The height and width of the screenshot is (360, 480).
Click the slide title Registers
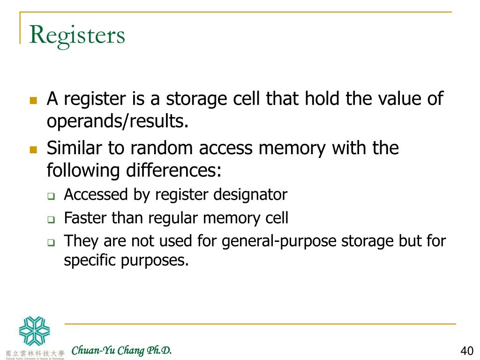pos(77,35)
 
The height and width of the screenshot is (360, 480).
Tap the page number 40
pos(467,351)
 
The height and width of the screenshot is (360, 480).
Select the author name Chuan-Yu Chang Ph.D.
pos(121,350)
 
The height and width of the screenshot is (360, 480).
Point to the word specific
pos(90,260)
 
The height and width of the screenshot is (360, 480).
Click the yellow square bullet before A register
pos(33,100)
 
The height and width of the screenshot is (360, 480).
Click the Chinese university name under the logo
pos(35,352)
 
